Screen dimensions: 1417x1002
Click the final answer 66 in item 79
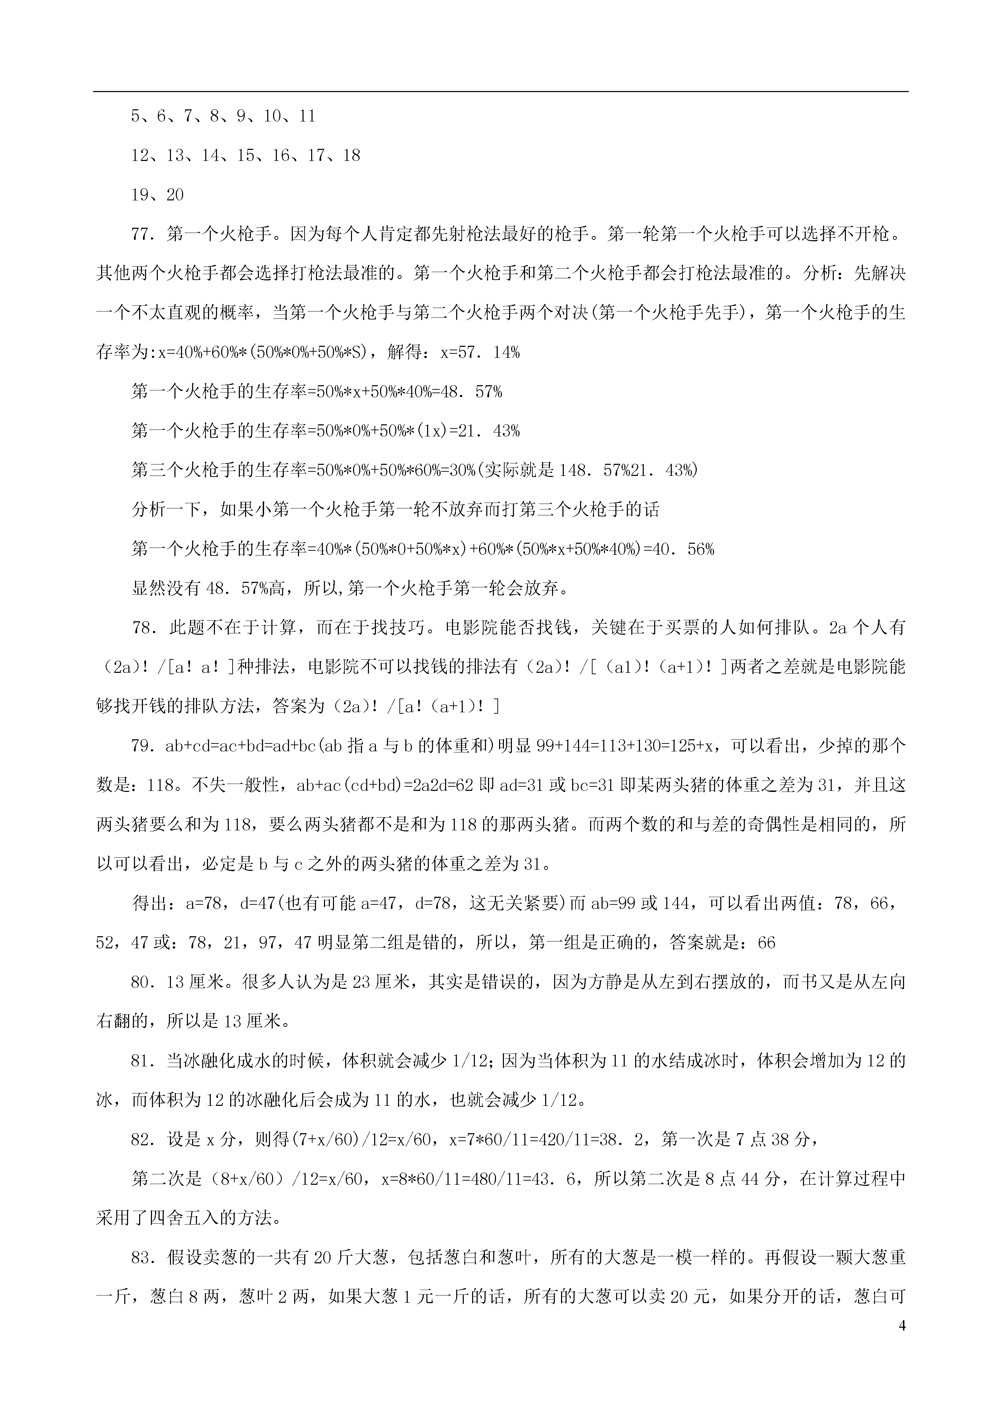click(x=766, y=942)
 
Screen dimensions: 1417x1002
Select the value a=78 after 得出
click(x=207, y=903)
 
